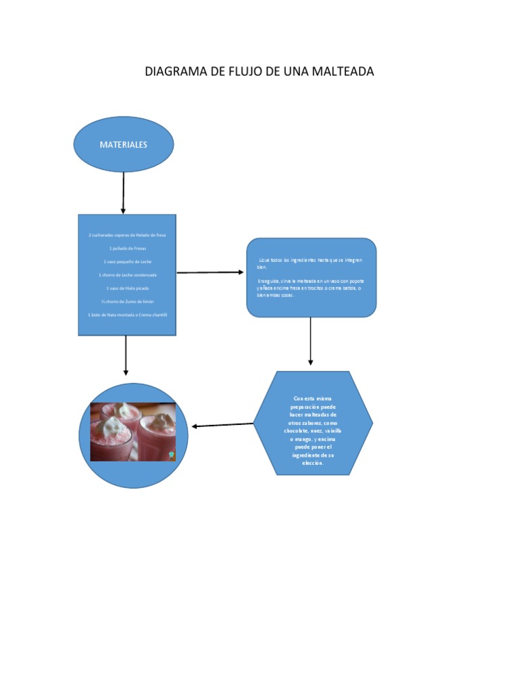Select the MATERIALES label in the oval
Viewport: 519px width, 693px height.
[124, 145]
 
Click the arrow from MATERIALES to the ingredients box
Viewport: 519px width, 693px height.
[123, 192]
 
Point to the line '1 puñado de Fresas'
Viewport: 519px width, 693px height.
[127, 248]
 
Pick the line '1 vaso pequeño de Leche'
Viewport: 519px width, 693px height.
[127, 261]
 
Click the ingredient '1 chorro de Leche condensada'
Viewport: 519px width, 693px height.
[127, 275]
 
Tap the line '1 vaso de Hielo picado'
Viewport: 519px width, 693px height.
[127, 288]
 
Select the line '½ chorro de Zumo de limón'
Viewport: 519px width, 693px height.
[127, 301]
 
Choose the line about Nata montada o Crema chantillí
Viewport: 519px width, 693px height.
[127, 315]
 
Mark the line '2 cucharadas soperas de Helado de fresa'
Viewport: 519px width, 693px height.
[127, 235]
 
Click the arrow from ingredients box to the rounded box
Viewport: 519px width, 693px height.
[210, 272]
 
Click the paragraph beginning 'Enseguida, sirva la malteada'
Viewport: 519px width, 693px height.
[310, 288]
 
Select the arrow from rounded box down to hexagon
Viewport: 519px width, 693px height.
[310, 341]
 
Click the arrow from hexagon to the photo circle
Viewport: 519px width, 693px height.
[223, 425]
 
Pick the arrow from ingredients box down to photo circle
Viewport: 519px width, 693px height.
[126, 355]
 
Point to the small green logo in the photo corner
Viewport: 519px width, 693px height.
[172, 456]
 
